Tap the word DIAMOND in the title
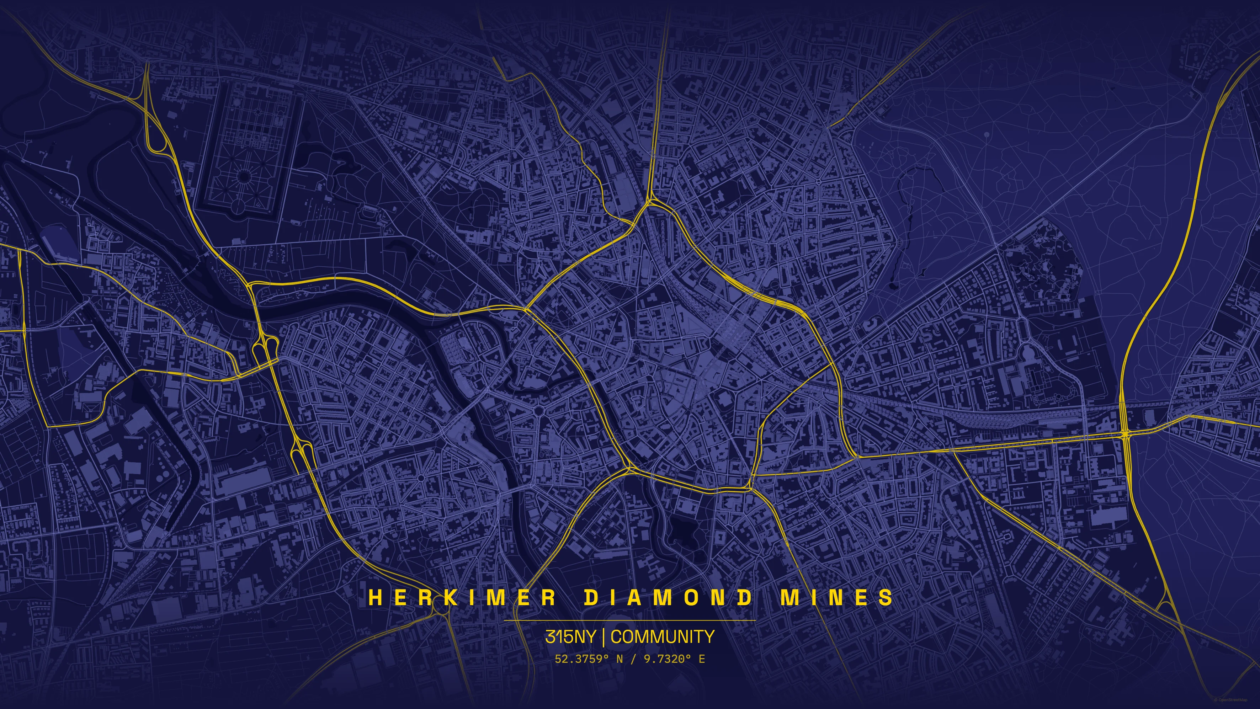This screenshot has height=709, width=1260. tap(669, 597)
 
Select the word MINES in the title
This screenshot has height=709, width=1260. tap(836, 597)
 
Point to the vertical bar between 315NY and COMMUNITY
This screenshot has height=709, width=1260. tap(604, 636)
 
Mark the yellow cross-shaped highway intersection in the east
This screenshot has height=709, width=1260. tap(1125, 434)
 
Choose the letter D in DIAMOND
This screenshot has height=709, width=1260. tap(592, 597)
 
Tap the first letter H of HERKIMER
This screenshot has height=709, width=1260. tap(375, 597)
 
